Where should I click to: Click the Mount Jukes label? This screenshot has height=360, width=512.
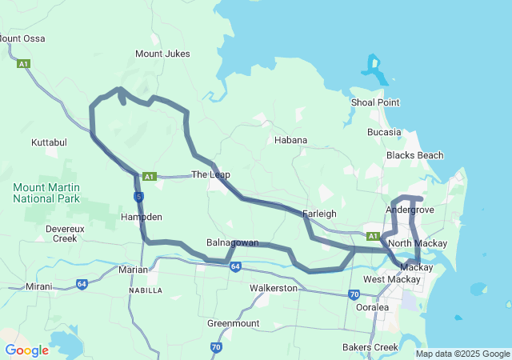point(162,54)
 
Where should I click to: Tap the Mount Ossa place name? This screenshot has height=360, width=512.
point(22,38)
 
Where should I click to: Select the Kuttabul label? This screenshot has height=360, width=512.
point(49,142)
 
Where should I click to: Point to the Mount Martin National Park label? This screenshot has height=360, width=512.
point(46,192)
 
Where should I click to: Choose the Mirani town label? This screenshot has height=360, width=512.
point(38,286)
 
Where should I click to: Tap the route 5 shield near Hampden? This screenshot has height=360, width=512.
point(139,196)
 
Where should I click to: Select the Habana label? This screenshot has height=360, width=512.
point(290,140)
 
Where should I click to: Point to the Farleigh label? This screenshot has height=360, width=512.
point(319,214)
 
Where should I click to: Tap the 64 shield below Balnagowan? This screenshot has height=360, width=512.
point(234,266)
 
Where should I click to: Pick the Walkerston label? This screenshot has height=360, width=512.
point(273,287)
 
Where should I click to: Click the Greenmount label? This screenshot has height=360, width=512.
point(233,323)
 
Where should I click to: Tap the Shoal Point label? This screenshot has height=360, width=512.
point(375,102)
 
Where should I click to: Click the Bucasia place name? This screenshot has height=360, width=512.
point(385,131)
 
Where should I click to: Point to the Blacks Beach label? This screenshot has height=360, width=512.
point(414,154)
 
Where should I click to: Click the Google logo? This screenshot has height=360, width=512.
point(26,350)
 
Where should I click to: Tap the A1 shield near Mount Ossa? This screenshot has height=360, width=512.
point(23,63)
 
